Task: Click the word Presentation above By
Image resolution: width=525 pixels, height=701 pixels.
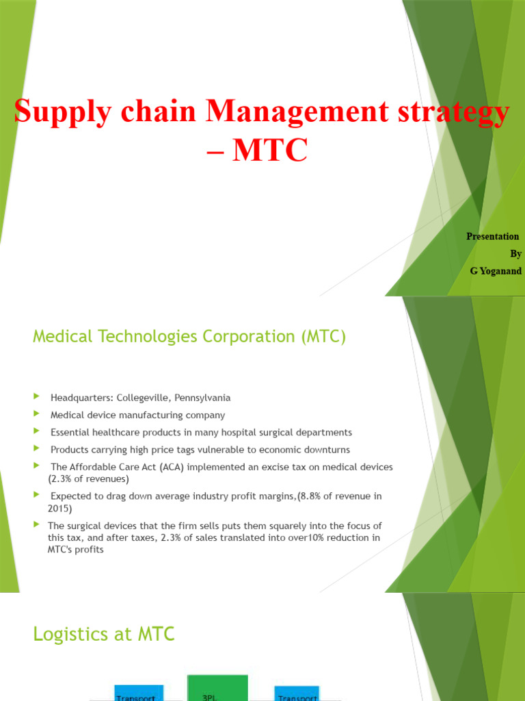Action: [x=492, y=236]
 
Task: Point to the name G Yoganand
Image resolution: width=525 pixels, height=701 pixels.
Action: [x=496, y=271]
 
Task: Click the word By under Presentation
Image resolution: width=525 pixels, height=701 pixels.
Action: [x=515, y=253]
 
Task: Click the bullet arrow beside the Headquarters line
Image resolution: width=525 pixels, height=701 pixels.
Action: [x=36, y=397]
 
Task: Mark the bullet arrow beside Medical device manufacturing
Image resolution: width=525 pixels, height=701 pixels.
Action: [x=36, y=414]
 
